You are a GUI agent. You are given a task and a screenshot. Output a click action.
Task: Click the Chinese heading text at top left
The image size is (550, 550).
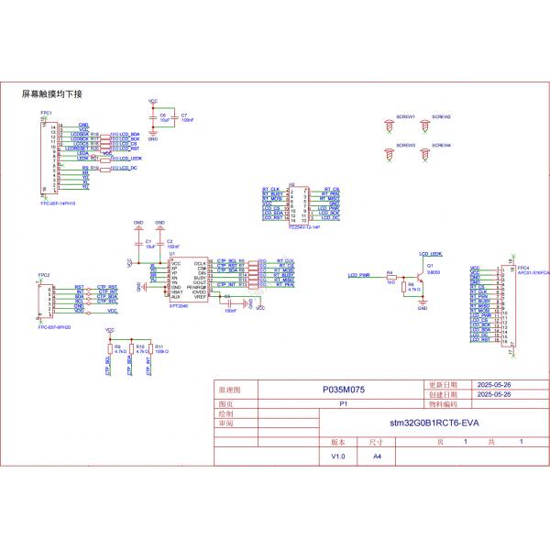[52, 94]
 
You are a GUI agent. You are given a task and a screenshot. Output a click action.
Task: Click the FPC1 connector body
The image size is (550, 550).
[46, 156]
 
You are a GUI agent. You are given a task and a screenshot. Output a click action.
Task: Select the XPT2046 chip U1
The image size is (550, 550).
[187, 278]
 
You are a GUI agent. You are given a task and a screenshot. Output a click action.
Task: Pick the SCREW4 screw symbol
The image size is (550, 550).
[426, 156]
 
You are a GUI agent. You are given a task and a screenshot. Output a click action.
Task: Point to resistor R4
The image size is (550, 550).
[391, 278]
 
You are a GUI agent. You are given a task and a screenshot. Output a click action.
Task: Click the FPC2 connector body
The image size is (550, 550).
[46, 300]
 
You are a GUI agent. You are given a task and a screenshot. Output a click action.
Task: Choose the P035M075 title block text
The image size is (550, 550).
[344, 390]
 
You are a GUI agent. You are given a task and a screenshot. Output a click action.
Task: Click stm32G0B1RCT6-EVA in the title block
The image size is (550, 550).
[435, 423]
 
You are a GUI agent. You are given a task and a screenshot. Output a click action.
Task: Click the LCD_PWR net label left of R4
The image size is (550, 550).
[358, 275]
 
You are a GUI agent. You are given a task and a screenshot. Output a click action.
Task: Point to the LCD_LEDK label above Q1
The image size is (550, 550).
[430, 252]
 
